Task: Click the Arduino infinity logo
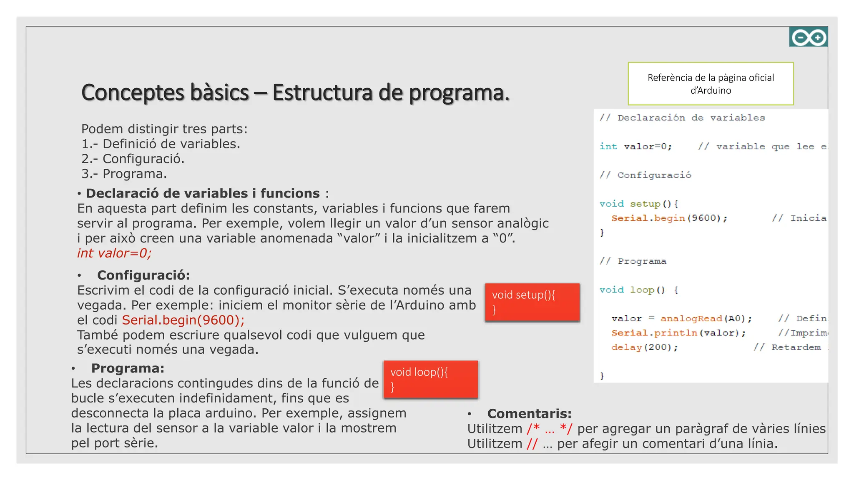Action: (x=808, y=37)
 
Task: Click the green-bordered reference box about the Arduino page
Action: (x=711, y=84)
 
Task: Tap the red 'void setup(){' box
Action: (x=532, y=302)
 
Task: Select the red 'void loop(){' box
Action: (x=431, y=379)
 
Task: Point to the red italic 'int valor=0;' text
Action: (x=114, y=253)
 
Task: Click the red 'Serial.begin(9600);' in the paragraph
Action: (x=183, y=320)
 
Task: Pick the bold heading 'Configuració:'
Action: (x=143, y=275)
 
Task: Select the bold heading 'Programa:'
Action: (x=128, y=368)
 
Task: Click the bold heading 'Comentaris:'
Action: (x=529, y=414)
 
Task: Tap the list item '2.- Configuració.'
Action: (x=133, y=159)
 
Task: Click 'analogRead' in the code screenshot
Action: (x=691, y=319)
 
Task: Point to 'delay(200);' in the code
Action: (x=644, y=347)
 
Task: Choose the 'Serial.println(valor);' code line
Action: (x=678, y=333)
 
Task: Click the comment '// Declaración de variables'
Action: (x=682, y=118)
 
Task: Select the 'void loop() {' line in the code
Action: (x=638, y=290)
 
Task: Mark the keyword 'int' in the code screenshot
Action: (x=608, y=147)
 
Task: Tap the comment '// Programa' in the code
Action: (x=633, y=261)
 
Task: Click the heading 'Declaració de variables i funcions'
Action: (x=203, y=193)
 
